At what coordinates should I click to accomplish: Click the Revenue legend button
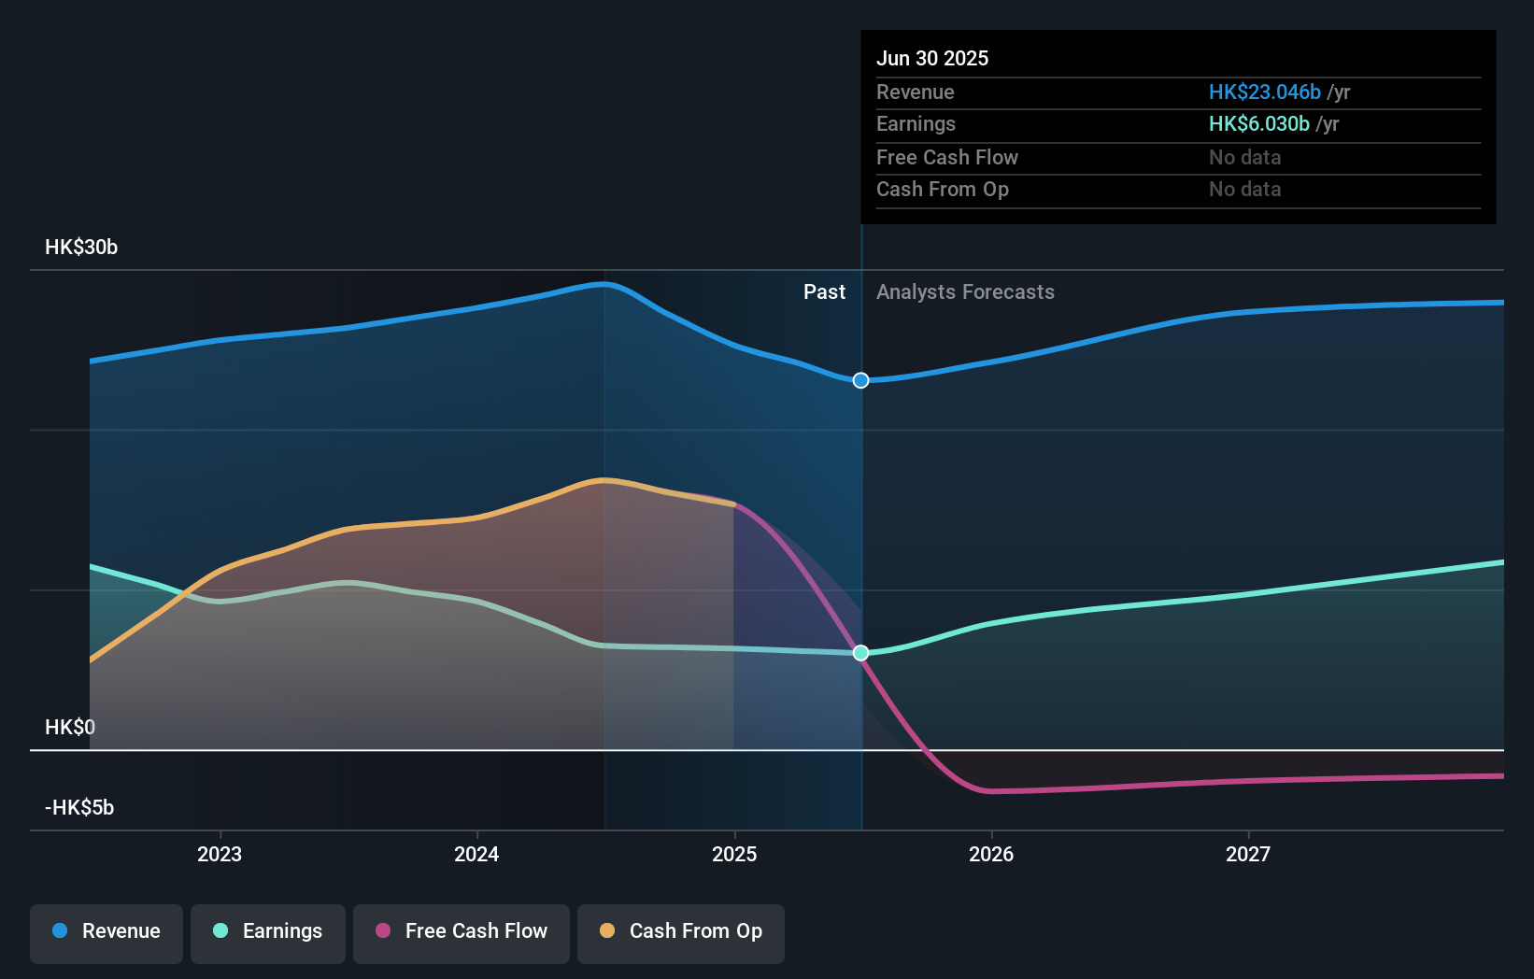pyautogui.click(x=107, y=931)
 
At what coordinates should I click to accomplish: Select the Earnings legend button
pyautogui.click(x=268, y=931)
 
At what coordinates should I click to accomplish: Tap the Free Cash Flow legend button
pyautogui.click(x=462, y=931)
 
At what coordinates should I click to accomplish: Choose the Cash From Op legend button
pyautogui.click(x=681, y=931)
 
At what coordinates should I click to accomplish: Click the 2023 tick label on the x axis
pyautogui.click(x=220, y=854)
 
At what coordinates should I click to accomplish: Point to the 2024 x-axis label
pyautogui.click(x=476, y=854)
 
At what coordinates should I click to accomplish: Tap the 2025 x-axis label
pyautogui.click(x=734, y=854)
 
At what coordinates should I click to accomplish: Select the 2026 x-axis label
pyautogui.click(x=991, y=854)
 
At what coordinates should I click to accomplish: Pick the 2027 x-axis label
pyautogui.click(x=1248, y=854)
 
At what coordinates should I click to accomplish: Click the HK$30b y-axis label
pyautogui.click(x=81, y=248)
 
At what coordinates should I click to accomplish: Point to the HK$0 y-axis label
pyautogui.click(x=70, y=727)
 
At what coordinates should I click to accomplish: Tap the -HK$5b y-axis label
pyautogui.click(x=79, y=807)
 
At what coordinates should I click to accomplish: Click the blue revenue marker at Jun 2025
pyautogui.click(x=861, y=380)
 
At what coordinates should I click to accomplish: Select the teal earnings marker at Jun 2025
pyautogui.click(x=861, y=653)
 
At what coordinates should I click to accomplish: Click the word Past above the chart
pyautogui.click(x=824, y=292)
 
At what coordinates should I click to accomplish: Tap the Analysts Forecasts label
pyautogui.click(x=965, y=292)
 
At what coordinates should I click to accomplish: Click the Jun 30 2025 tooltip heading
pyautogui.click(x=932, y=58)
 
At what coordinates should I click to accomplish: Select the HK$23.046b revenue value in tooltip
pyautogui.click(x=1264, y=92)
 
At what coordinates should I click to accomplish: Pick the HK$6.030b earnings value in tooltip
pyautogui.click(x=1258, y=124)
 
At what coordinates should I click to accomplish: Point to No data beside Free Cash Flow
pyautogui.click(x=1244, y=157)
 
